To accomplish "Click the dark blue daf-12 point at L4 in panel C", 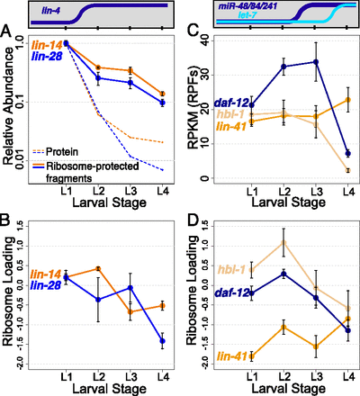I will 346,153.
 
